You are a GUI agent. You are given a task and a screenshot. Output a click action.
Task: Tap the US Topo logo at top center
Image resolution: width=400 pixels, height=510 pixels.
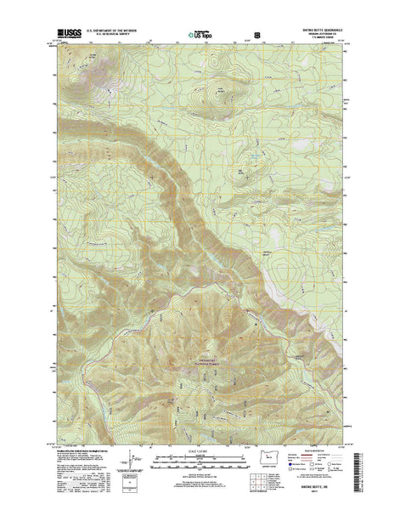pos(200,37)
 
